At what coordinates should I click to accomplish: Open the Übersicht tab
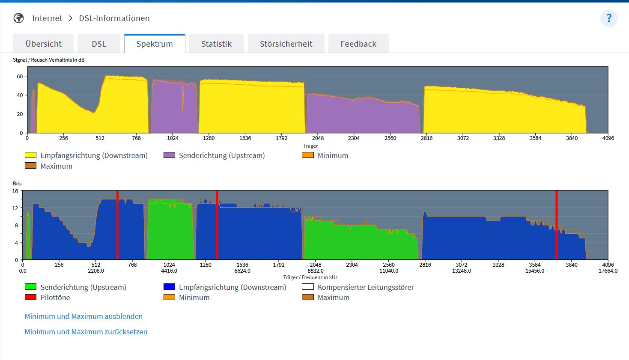tap(44, 44)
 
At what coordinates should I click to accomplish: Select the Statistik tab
tap(216, 44)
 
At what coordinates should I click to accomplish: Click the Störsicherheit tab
tap(286, 44)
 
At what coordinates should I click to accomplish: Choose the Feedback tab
tap(358, 44)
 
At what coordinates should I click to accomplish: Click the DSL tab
tap(99, 44)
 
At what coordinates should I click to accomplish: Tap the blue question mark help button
tap(609, 18)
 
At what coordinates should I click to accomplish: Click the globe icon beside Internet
tap(18, 18)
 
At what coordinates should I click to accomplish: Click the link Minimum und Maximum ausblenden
tap(83, 316)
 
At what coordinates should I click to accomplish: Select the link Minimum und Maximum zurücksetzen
tap(86, 332)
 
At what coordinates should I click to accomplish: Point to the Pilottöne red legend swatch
tap(30, 297)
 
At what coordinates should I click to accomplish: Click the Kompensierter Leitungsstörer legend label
tap(366, 287)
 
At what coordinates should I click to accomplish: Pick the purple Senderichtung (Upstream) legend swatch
tap(169, 155)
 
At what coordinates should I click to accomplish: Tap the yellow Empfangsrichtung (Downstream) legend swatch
tap(30, 155)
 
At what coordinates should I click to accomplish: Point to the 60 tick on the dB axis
tap(20, 76)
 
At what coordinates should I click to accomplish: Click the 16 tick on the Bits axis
tap(15, 191)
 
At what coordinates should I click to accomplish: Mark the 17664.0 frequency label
tap(608, 271)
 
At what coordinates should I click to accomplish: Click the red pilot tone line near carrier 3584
tap(557, 225)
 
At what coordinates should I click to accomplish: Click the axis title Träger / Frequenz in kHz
tap(310, 277)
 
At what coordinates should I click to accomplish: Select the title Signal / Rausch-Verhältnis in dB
tap(48, 60)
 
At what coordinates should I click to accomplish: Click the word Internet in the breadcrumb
tap(47, 18)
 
